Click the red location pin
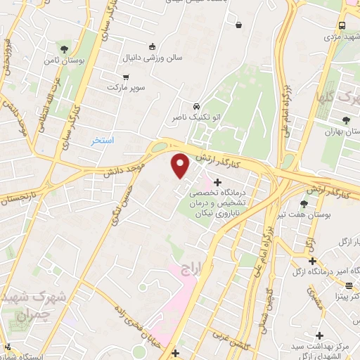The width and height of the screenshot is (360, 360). (181, 167)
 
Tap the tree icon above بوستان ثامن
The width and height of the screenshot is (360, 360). (65, 49)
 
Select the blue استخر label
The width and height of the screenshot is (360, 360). (103, 141)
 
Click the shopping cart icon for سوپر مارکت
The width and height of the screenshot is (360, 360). (126, 77)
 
